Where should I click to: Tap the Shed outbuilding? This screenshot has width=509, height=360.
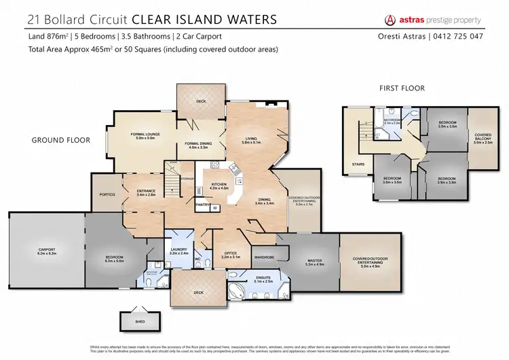pos(132,321)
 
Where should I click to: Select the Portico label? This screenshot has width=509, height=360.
pos(107,195)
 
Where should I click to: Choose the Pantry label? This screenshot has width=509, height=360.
pos(202,204)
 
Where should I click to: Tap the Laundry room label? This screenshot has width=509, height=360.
pos(178,251)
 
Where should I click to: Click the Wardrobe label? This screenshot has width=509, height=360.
pos(263,257)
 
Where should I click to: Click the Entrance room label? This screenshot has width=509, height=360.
pos(147,193)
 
